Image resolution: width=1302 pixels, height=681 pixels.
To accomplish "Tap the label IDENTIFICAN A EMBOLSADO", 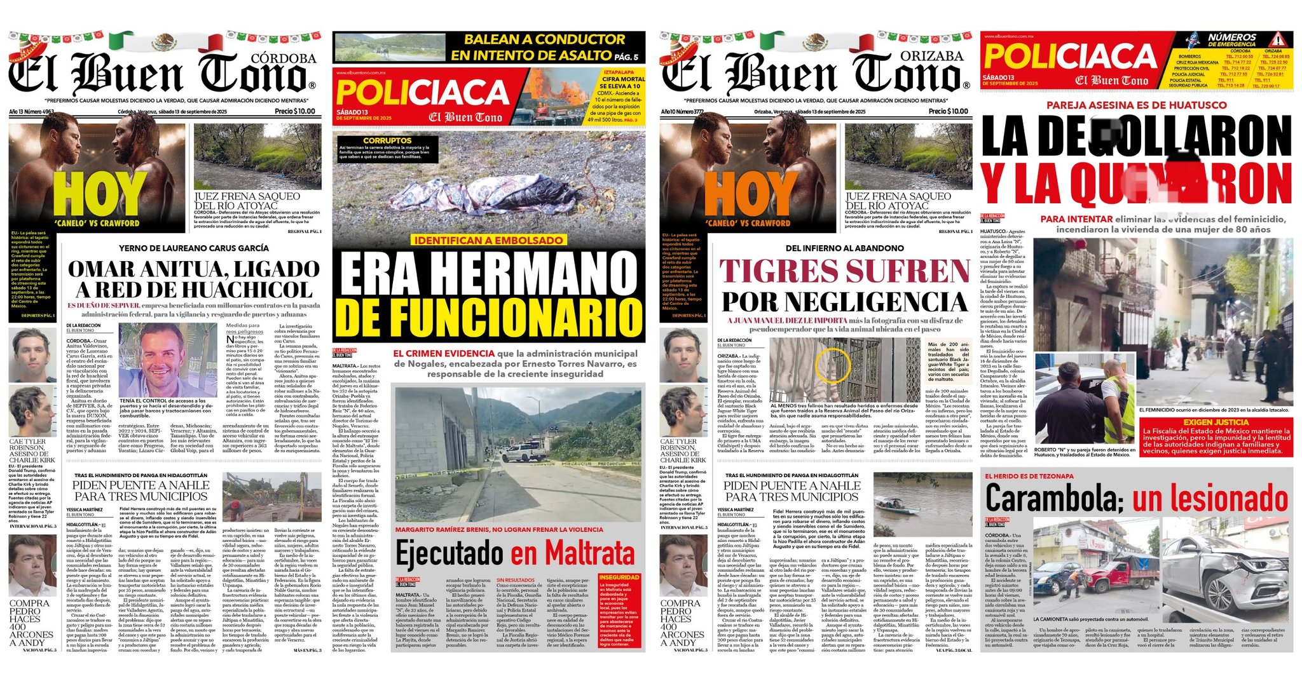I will [x=488, y=240].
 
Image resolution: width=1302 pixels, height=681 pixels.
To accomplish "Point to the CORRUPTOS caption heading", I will [x=387, y=140].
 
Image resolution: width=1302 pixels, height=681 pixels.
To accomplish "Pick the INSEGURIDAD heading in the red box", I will [x=619, y=577].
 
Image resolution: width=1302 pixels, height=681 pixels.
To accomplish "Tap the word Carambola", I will [x=1049, y=499].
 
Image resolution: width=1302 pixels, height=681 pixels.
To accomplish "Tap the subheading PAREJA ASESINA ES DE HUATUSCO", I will [x=1136, y=105].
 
